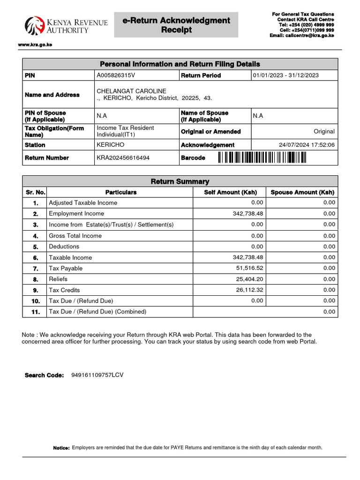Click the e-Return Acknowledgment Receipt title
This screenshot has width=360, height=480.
(x=176, y=25)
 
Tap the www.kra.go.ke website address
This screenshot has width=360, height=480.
(x=31, y=45)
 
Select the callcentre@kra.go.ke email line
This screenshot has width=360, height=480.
(x=301, y=35)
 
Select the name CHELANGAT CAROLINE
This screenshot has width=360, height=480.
(x=131, y=90)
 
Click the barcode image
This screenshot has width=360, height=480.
(x=262, y=158)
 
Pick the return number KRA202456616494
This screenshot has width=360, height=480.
(x=123, y=158)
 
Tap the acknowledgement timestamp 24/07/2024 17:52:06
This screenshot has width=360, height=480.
(x=307, y=145)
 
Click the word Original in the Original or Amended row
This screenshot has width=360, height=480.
(x=324, y=132)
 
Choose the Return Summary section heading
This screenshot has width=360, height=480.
(x=180, y=181)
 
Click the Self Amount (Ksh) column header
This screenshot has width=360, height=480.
(x=230, y=192)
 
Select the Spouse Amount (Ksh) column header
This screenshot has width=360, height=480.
(x=302, y=192)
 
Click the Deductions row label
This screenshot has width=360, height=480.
(x=64, y=247)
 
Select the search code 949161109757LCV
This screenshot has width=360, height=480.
(x=97, y=375)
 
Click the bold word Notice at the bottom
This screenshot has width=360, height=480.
(x=61, y=448)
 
